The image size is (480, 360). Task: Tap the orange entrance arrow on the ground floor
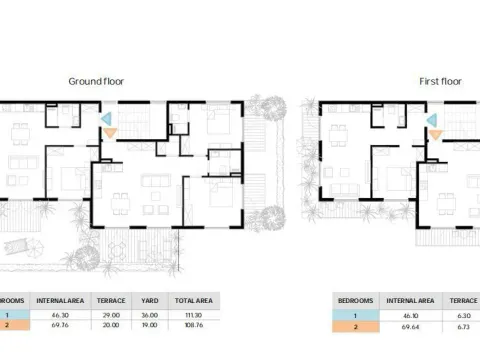pyautogui.click(x=110, y=132)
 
